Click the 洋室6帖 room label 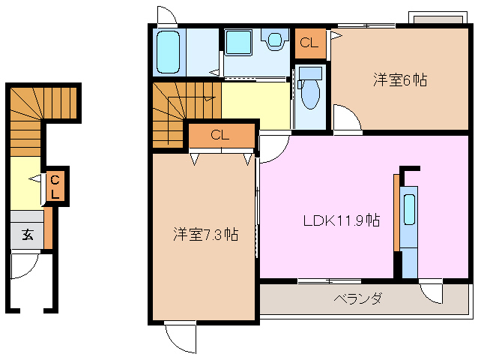pyautogui.click(x=400, y=80)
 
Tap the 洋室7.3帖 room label pyautogui.click(x=204, y=235)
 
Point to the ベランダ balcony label pyautogui.click(x=357, y=298)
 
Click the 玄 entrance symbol pyautogui.click(x=27, y=234)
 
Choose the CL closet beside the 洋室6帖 pyautogui.click(x=309, y=43)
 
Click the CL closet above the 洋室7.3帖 pyautogui.click(x=220, y=136)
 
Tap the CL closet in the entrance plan pyautogui.click(x=55, y=187)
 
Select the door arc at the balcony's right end pyautogui.click(x=433, y=292)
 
